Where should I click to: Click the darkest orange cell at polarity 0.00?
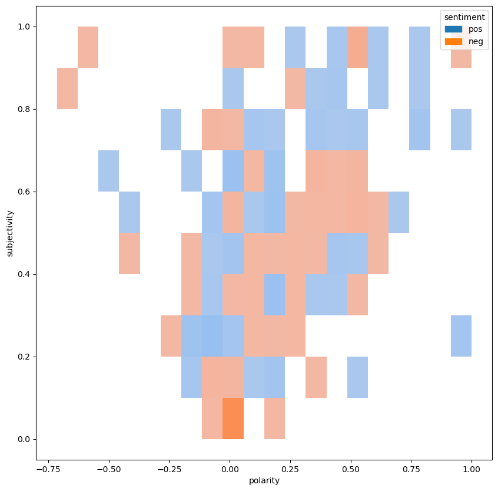233,418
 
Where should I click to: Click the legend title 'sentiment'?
465,17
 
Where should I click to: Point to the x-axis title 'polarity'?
264,480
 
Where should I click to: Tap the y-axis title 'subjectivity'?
9,233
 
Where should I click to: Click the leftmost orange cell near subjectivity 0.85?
68,88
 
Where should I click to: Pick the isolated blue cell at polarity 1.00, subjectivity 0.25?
461,336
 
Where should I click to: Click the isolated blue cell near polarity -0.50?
109,171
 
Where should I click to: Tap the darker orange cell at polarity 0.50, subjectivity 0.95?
357,47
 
